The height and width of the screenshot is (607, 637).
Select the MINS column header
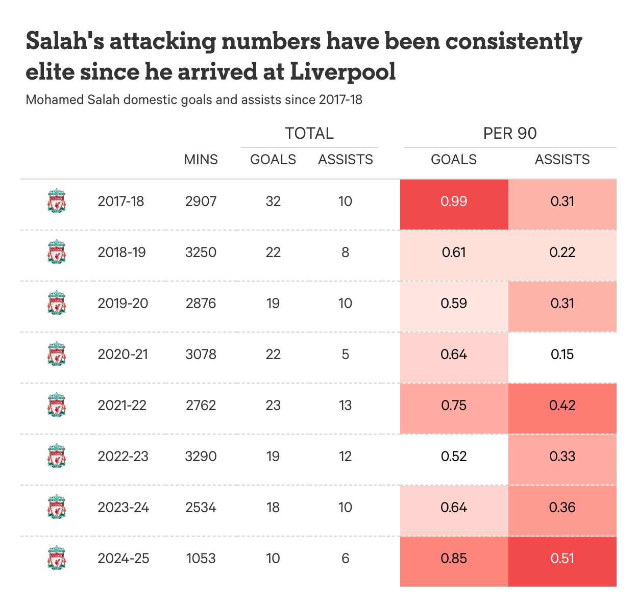click(201, 160)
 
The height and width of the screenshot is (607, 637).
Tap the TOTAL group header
click(309, 133)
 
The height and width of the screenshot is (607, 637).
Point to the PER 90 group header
click(510, 133)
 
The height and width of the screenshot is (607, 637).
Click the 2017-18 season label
click(121, 201)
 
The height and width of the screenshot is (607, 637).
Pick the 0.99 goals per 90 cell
click(454, 201)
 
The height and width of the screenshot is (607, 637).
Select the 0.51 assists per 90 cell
click(562, 559)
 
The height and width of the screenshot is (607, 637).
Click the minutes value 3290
click(201, 457)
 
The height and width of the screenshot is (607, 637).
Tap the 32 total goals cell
click(273, 201)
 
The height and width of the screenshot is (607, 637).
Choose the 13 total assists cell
click(346, 406)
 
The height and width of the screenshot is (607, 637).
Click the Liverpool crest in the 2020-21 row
click(57, 354)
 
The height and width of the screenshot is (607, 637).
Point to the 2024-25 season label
click(124, 559)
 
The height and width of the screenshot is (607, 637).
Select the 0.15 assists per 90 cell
click(562, 355)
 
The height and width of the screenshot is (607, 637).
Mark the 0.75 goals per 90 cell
click(454, 406)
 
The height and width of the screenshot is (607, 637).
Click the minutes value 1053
click(201, 559)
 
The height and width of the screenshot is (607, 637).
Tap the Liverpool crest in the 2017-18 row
click(57, 201)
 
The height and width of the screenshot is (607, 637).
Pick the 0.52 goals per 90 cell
click(454, 457)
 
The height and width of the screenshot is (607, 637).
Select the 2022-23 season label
click(123, 457)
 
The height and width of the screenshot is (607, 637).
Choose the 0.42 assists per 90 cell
click(562, 406)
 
